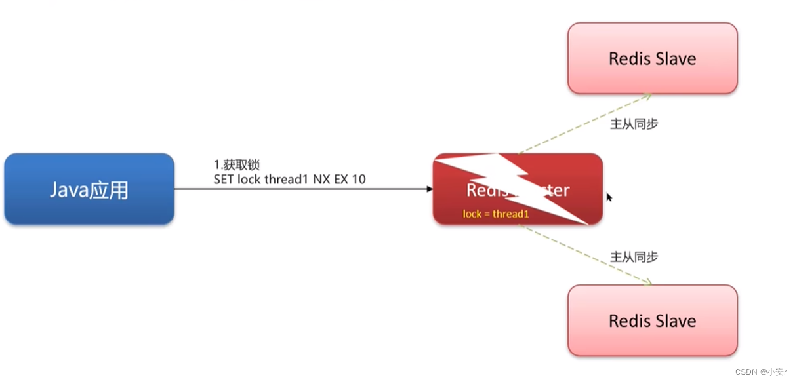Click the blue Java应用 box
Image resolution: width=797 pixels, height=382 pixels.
point(89,189)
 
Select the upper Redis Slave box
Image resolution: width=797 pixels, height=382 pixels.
point(652,58)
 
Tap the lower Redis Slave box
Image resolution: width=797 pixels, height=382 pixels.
point(652,320)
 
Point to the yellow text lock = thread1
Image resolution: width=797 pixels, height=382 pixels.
point(495,214)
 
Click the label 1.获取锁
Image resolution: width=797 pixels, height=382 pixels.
point(237,164)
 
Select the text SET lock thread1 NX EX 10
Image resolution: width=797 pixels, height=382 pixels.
point(289,179)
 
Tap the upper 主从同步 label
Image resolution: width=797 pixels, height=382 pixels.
point(634,124)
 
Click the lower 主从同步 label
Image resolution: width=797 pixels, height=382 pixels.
point(634,257)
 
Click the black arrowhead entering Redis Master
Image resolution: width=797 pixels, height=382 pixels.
point(429,189)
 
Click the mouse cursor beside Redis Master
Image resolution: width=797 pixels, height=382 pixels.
point(609,197)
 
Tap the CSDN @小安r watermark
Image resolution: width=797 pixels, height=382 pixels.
point(760,372)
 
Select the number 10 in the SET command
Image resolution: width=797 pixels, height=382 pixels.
point(359,179)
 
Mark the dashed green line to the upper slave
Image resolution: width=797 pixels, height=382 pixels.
point(584,124)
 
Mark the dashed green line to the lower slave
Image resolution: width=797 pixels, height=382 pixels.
point(584,254)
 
